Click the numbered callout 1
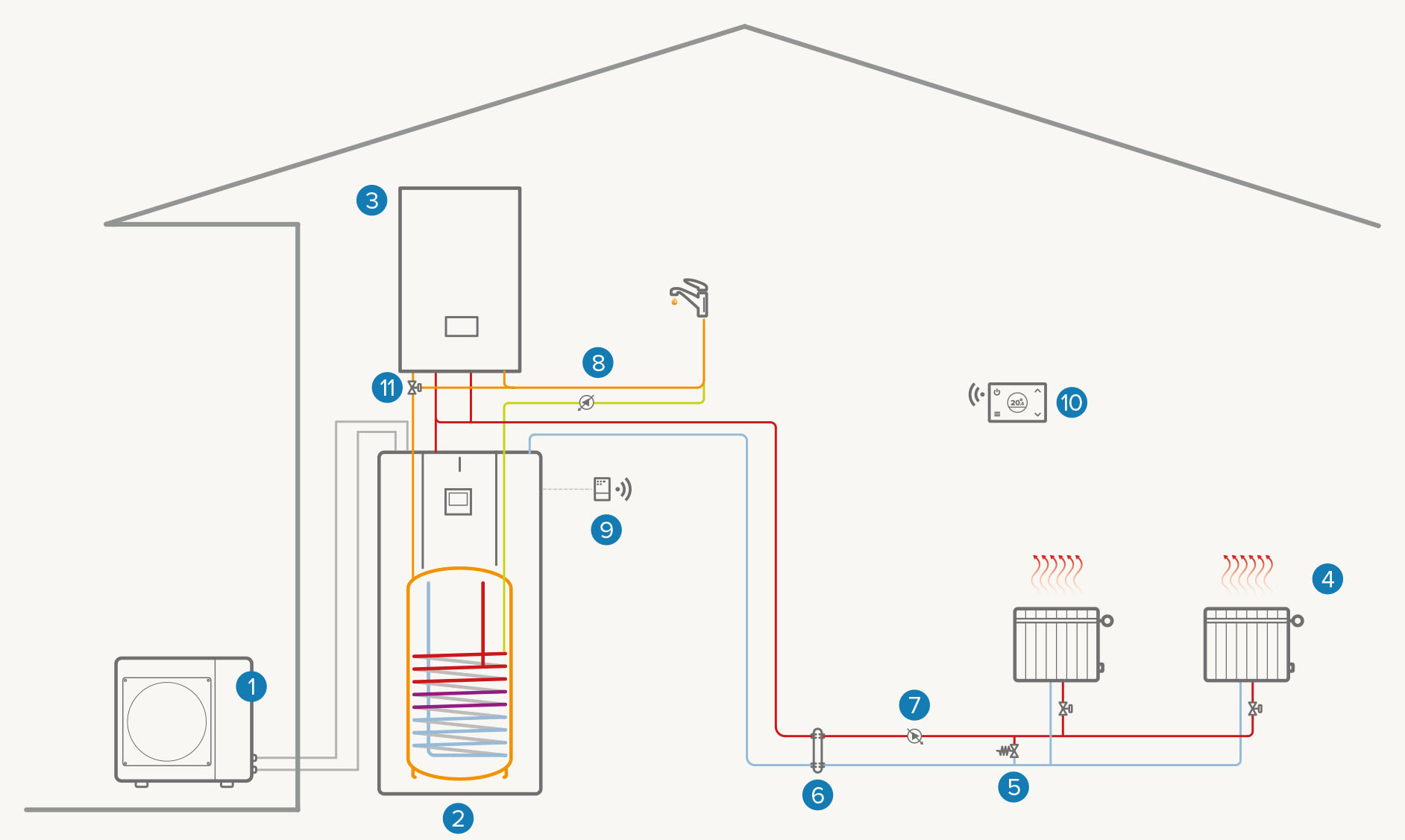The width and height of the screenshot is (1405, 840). click(x=251, y=686)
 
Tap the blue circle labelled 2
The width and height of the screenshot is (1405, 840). click(x=458, y=818)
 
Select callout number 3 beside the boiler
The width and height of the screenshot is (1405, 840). click(x=371, y=200)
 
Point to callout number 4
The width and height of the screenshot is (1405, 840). click(x=1327, y=579)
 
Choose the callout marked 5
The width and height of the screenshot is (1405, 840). click(x=1013, y=787)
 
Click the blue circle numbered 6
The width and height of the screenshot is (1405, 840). click(x=817, y=795)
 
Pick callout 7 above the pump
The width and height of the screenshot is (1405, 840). click(x=914, y=705)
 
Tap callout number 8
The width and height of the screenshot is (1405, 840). click(x=598, y=363)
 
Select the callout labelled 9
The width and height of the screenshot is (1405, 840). click(x=606, y=530)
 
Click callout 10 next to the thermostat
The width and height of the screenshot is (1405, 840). click(x=1072, y=402)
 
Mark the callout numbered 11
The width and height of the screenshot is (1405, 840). click(x=387, y=388)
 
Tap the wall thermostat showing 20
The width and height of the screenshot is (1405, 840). click(x=1016, y=402)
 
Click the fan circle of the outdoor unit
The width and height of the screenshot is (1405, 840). click(x=167, y=721)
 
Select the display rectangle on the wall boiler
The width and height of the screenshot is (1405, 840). click(x=462, y=326)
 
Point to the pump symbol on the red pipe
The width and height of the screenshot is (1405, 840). click(x=914, y=736)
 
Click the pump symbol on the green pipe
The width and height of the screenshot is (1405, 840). click(x=587, y=402)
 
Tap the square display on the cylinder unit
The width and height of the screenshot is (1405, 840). click(x=458, y=501)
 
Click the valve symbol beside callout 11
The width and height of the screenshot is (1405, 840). click(x=414, y=388)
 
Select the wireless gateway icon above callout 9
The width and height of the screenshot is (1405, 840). click(x=603, y=489)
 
